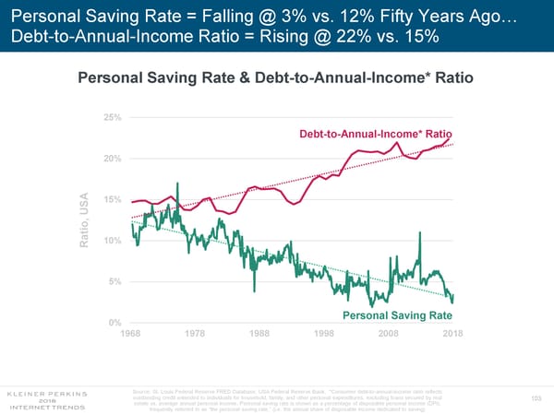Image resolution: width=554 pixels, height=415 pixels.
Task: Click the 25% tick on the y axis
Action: click(x=114, y=118)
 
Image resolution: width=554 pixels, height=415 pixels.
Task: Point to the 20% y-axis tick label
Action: click(x=114, y=159)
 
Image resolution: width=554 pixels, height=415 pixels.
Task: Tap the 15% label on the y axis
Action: click(x=114, y=199)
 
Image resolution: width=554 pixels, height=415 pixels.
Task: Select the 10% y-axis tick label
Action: click(x=114, y=241)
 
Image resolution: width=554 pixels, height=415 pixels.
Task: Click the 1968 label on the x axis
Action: click(x=132, y=333)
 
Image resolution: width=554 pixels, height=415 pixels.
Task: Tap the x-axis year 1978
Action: click(x=196, y=333)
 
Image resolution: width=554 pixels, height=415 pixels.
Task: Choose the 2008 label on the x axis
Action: click(x=388, y=333)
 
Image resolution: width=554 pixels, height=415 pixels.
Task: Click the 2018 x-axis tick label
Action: click(x=452, y=333)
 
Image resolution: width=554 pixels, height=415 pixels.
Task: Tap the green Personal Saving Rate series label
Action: click(x=396, y=316)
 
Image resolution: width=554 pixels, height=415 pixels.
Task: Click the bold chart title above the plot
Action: click(x=276, y=78)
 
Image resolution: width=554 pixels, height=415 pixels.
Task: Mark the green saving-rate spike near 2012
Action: click(x=420, y=234)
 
